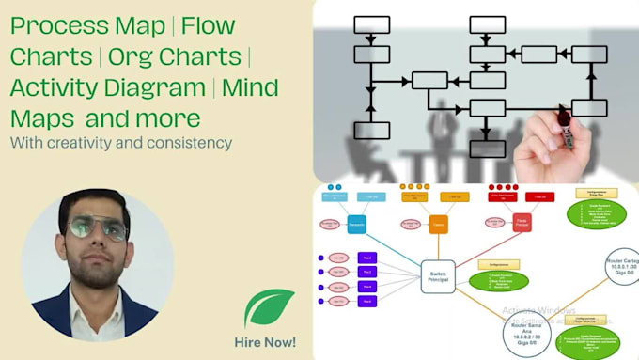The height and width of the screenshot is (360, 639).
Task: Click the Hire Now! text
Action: (264, 341)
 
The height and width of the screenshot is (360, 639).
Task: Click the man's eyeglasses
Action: (98, 229)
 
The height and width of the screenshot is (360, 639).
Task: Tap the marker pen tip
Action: (564, 117)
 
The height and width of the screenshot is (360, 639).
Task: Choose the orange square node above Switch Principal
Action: (439, 226)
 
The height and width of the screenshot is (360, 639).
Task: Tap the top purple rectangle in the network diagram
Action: (366, 257)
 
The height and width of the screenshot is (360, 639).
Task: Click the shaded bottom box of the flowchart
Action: (487, 148)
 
